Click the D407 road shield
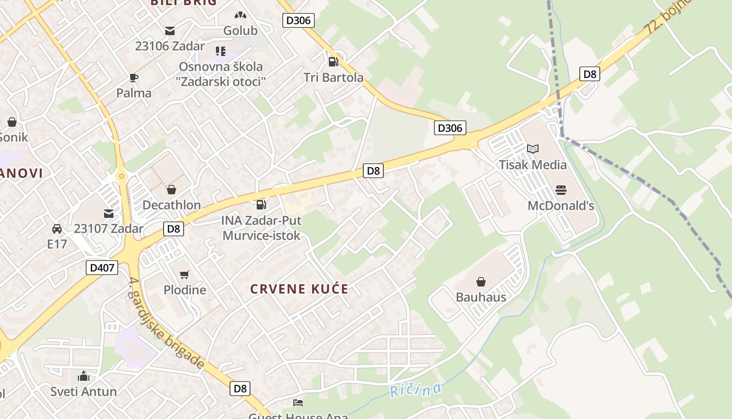tap(102, 268)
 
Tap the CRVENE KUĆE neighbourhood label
tap(299, 289)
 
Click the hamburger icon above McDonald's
tap(561, 190)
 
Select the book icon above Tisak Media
tap(533, 149)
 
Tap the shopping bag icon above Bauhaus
tap(481, 282)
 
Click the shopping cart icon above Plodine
tap(185, 274)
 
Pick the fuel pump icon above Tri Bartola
tap(333, 62)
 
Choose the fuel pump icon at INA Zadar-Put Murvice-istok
tap(261, 205)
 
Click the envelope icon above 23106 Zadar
tap(170, 30)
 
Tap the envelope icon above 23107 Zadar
tap(109, 213)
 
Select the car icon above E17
tap(57, 229)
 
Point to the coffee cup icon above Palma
tap(134, 78)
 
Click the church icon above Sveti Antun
tap(84, 376)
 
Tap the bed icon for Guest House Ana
tap(298, 403)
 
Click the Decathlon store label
tap(171, 205)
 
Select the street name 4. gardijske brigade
tap(166, 324)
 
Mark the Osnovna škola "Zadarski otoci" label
tap(221, 74)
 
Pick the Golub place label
tap(241, 31)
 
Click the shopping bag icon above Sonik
tap(12, 122)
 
